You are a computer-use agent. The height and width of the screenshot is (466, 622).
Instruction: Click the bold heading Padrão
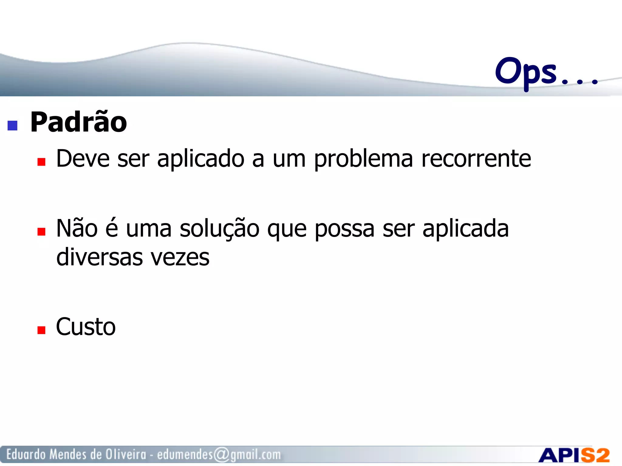79,123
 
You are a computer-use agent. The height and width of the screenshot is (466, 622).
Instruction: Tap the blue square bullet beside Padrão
12,126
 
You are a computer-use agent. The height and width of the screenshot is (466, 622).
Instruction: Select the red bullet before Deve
41,162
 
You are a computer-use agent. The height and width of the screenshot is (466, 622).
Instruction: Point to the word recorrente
476,159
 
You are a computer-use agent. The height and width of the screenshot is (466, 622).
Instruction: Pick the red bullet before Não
41,232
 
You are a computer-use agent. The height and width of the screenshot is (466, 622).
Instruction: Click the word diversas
100,257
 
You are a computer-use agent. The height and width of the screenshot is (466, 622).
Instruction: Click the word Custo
86,327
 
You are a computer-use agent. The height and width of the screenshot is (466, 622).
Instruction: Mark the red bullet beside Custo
41,330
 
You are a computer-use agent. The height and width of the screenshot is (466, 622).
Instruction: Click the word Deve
83,159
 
